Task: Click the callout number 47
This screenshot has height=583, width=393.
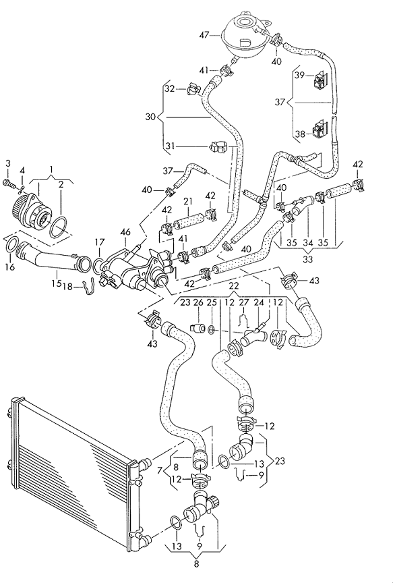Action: click(x=204, y=36)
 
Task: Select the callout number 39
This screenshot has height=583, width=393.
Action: click(x=299, y=76)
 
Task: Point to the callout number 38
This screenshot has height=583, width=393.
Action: click(x=299, y=133)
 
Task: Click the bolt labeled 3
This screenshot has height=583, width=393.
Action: click(x=10, y=184)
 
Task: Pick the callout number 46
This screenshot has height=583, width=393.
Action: click(x=125, y=232)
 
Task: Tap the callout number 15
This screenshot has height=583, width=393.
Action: click(x=56, y=283)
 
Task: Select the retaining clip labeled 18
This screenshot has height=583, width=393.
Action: click(x=89, y=288)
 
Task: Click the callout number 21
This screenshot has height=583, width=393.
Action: click(x=188, y=201)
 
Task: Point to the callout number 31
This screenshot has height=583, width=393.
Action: click(x=170, y=147)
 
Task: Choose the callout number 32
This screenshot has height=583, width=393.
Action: click(x=170, y=89)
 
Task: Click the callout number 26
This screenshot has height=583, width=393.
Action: click(x=198, y=303)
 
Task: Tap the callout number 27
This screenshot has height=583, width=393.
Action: click(x=243, y=303)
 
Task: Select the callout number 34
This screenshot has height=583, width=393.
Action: click(x=308, y=243)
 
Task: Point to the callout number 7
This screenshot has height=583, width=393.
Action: click(x=159, y=471)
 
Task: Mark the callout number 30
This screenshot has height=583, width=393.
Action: click(x=150, y=117)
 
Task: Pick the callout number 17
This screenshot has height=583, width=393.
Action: click(x=99, y=242)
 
